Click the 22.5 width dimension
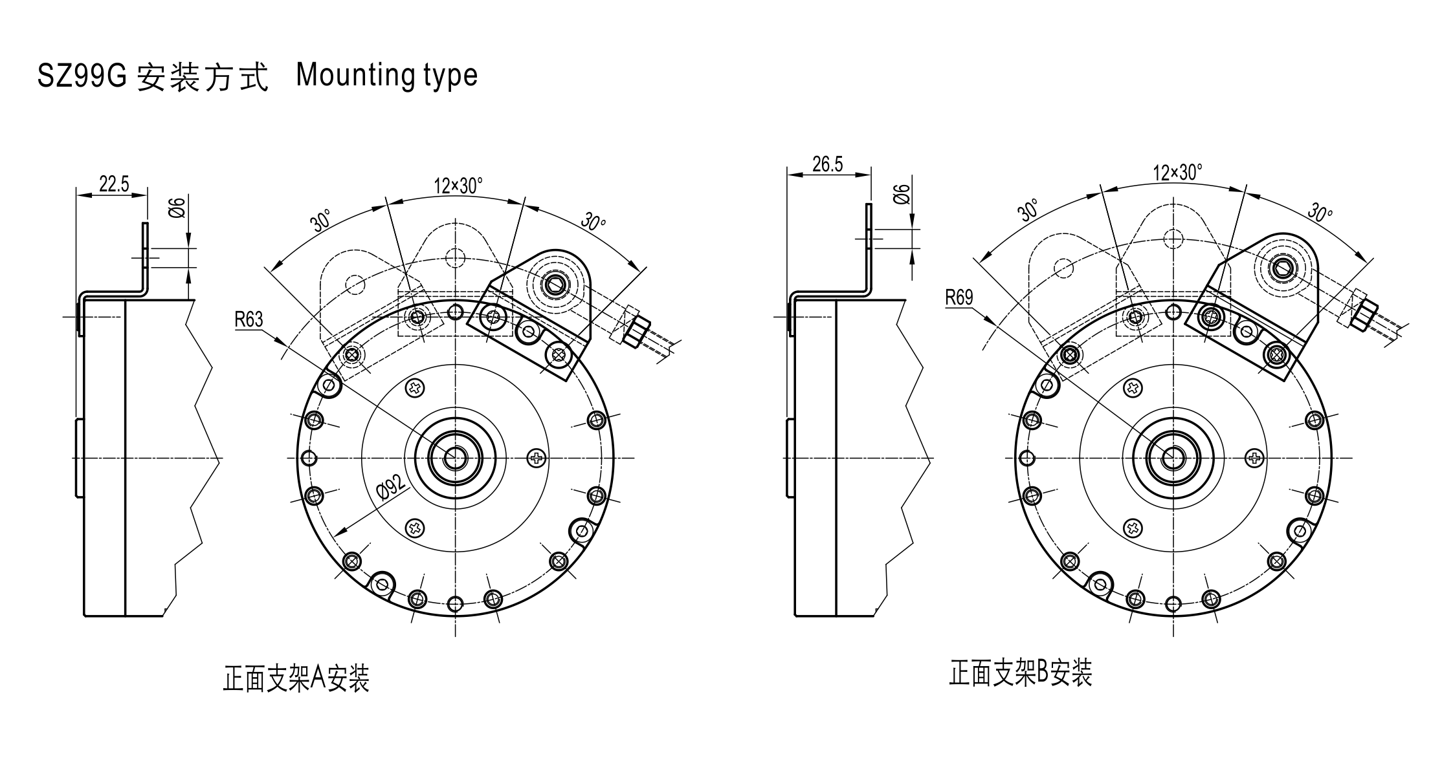tap(114, 184)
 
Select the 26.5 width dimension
tap(828, 165)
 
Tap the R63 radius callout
tap(249, 319)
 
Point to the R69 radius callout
tap(959, 297)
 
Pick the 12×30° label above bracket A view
tap(458, 186)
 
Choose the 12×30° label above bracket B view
tap(1177, 173)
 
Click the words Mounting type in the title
tap(386, 76)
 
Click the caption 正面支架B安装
tap(1021, 673)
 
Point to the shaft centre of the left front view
tap(455, 458)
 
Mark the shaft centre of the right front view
tap(1172, 458)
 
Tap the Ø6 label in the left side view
tap(177, 208)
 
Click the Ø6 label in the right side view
tap(901, 194)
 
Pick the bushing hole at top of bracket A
tap(554, 283)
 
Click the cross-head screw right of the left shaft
tap(537, 458)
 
